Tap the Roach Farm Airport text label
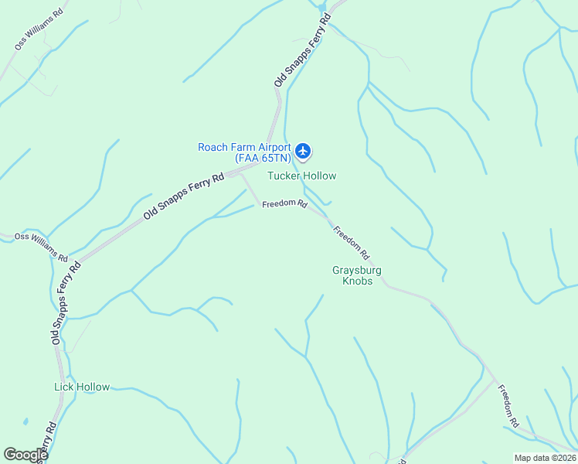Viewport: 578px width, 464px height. click(244, 147)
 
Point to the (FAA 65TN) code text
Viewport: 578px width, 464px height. click(263, 158)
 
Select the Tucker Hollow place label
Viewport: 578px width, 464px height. click(301, 176)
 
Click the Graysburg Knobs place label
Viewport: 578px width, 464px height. click(357, 275)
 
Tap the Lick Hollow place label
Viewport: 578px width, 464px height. click(82, 387)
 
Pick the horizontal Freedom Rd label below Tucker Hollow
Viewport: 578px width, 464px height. click(284, 205)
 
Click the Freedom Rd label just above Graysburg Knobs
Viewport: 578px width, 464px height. click(352, 241)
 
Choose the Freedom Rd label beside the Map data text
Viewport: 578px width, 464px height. click(508, 406)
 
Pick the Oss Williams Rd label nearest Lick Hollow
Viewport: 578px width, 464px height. click(41, 247)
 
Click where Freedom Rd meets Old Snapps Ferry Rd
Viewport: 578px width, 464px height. click(240, 174)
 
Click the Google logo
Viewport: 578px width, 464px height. click(25, 455)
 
